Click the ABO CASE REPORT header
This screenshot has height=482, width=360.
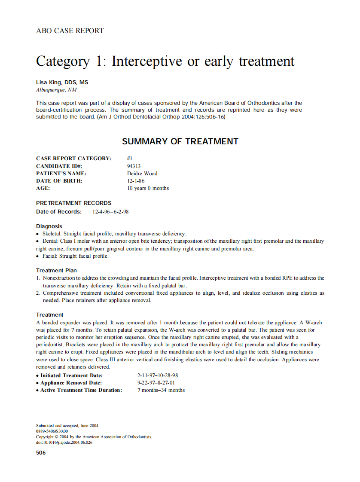(x=70, y=31)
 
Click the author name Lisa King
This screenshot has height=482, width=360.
(x=62, y=82)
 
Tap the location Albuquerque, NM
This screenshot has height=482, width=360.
(x=56, y=90)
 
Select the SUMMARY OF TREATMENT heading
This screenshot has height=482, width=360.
(x=180, y=141)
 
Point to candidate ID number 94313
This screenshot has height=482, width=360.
(x=134, y=166)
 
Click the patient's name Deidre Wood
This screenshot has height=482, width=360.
(x=142, y=174)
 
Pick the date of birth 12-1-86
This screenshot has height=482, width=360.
(x=136, y=181)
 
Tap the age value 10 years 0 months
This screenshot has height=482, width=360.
(x=148, y=188)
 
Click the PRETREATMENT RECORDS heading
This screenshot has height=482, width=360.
(x=73, y=203)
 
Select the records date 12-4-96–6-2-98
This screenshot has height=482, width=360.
(x=110, y=212)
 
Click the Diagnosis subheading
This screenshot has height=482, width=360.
(x=49, y=226)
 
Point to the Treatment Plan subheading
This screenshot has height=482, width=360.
(x=56, y=270)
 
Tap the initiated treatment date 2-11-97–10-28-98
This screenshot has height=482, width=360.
(x=157, y=375)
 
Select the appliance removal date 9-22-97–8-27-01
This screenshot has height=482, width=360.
(x=156, y=382)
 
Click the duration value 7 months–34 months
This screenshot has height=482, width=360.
(x=161, y=390)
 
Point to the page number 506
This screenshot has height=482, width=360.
(x=41, y=452)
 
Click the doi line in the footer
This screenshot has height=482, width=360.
(x=64, y=442)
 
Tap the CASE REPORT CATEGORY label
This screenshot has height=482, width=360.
(x=73, y=159)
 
